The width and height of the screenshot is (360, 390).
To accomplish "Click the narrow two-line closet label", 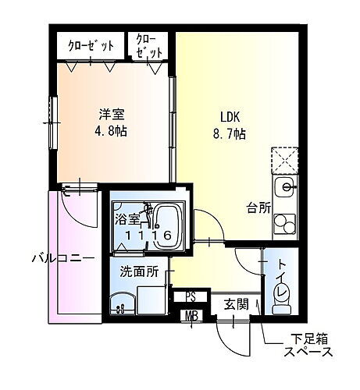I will (x=151, y=46).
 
